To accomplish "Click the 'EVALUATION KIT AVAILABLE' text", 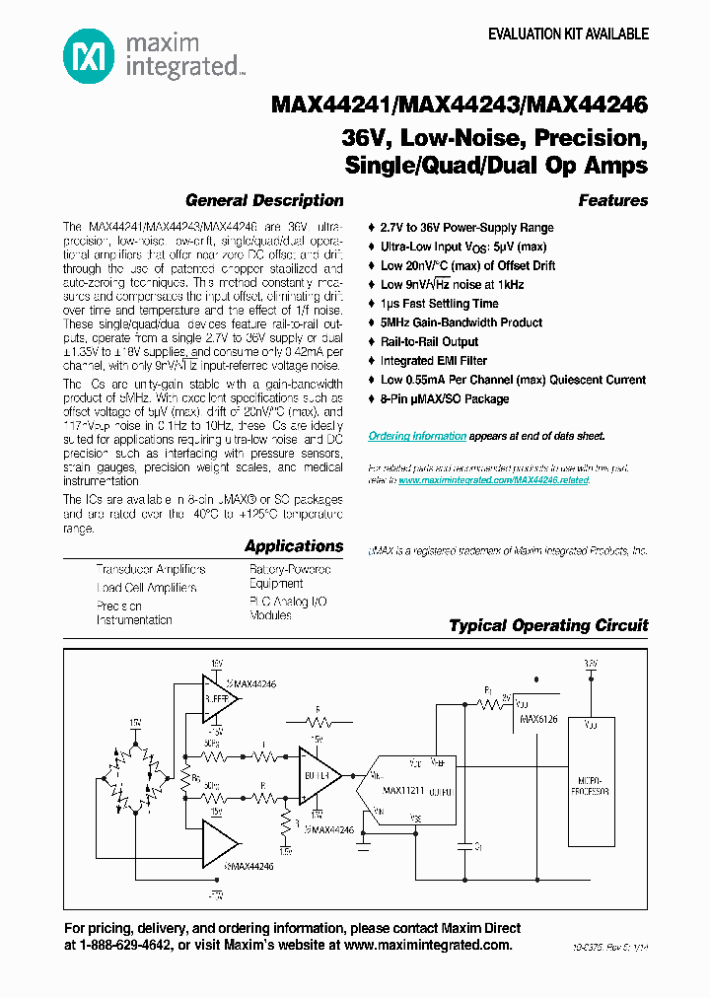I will point(569,34).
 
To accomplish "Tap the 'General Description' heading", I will point(264,200).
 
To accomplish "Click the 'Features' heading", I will point(612,200).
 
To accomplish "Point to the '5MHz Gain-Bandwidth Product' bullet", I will point(461,322).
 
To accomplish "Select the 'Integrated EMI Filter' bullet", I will point(433,361).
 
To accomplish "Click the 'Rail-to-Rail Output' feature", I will point(429,341).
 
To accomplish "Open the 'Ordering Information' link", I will point(417,436).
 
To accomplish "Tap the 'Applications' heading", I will point(294,545).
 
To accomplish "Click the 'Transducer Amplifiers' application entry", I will point(151,569).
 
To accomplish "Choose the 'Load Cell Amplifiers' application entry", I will point(146,588).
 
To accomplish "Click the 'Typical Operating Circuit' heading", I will point(548,625).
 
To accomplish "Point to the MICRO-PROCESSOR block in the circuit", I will point(591,786).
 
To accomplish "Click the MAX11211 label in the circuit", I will point(402,791).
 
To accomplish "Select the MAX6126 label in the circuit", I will point(538,720).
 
